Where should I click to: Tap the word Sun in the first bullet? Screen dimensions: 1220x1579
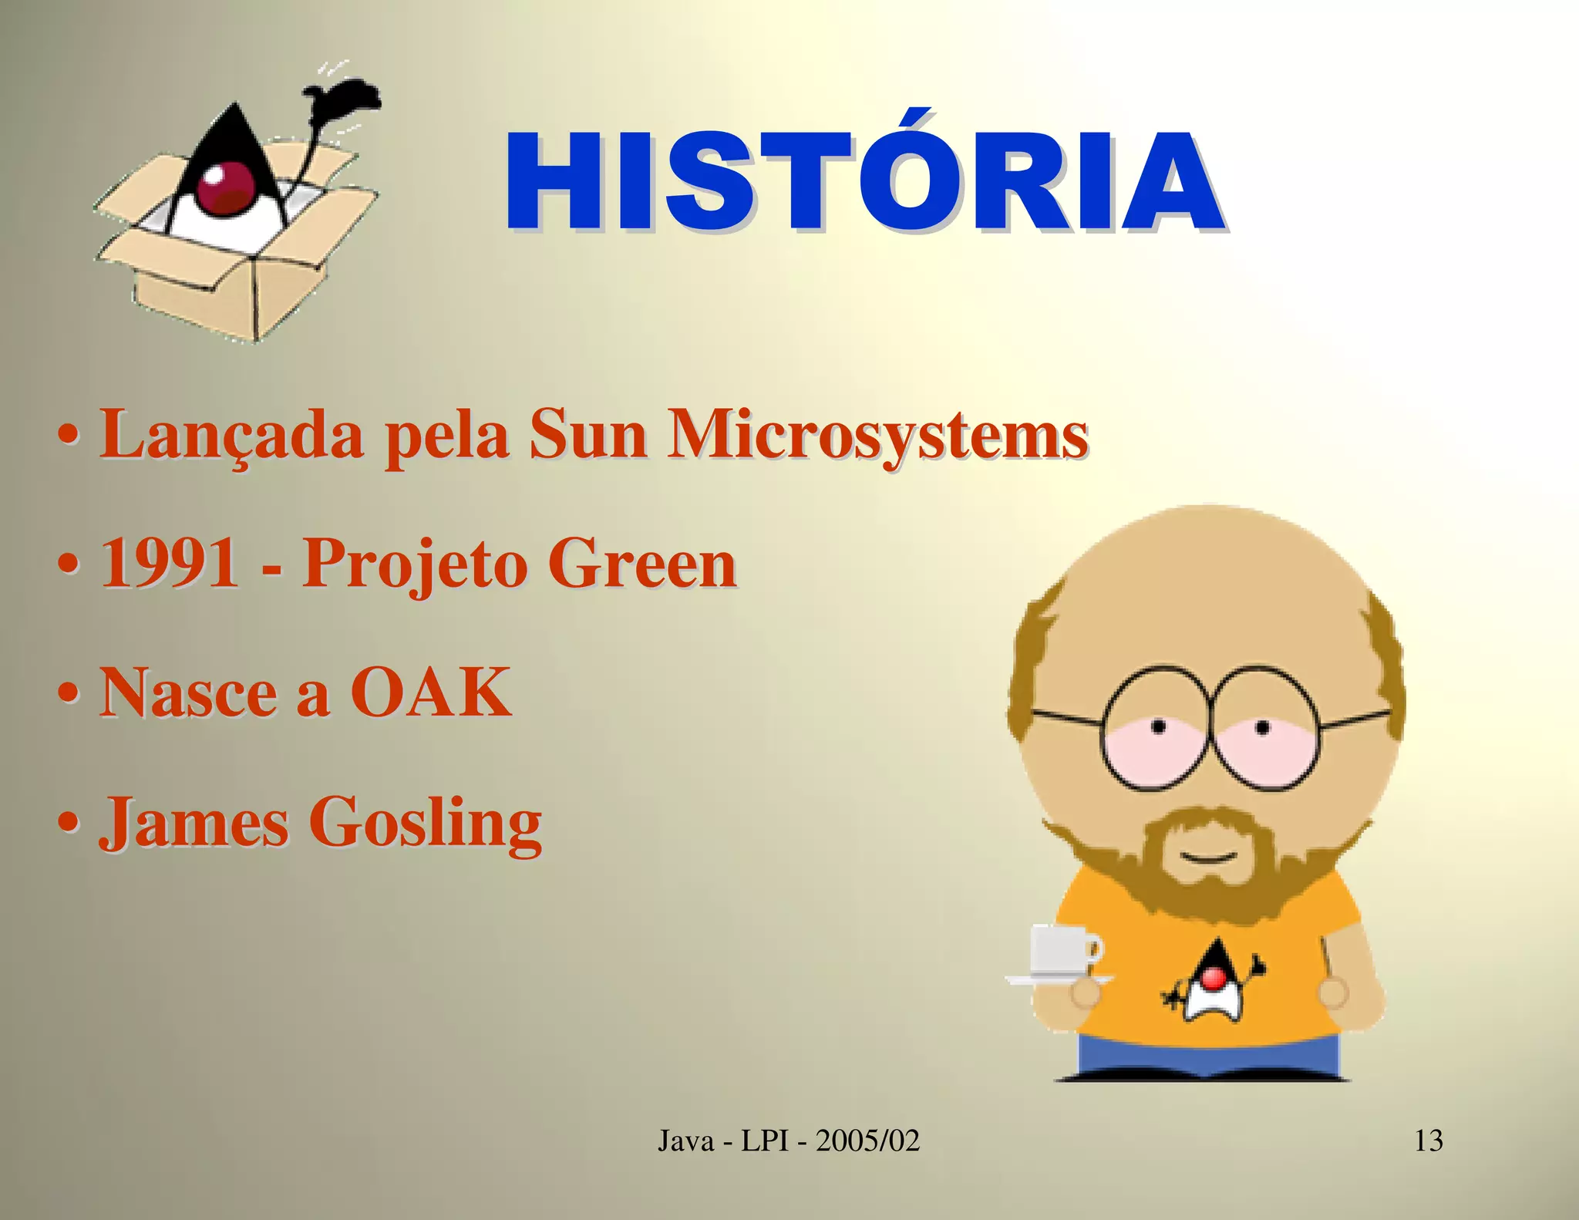point(588,436)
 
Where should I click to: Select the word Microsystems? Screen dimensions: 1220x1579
point(877,436)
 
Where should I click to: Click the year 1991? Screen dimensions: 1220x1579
point(170,564)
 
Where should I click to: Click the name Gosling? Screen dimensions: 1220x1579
point(426,824)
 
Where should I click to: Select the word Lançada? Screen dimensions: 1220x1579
point(231,436)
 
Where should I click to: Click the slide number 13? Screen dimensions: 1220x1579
point(1428,1140)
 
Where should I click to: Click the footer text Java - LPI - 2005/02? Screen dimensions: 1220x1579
point(789,1140)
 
